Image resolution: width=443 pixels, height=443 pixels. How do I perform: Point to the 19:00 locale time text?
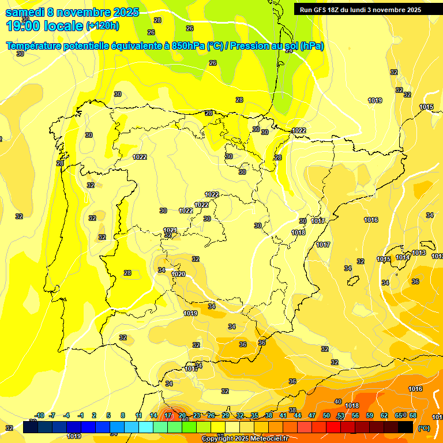(x=44, y=25)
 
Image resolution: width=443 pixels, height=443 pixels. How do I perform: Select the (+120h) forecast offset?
(x=102, y=26)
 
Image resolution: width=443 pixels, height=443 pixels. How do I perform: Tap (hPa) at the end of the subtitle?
(x=311, y=46)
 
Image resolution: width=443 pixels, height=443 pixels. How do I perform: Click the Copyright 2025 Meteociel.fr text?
(x=245, y=439)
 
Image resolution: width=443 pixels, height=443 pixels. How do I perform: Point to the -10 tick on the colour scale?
(x=40, y=415)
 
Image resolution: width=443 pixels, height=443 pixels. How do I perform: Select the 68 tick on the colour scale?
(x=413, y=415)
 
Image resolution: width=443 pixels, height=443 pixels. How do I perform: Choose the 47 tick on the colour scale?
(x=312, y=415)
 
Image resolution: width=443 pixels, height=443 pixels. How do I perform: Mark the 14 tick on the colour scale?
(x=153, y=415)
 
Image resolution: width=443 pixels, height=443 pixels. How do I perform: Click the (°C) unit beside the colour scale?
(x=424, y=428)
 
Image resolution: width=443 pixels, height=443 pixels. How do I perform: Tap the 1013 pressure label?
(x=419, y=253)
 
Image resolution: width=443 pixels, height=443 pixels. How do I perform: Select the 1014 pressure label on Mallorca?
(x=403, y=257)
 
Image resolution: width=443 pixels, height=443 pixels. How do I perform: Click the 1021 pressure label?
(x=170, y=230)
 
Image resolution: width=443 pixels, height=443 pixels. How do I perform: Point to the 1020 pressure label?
(x=178, y=274)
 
